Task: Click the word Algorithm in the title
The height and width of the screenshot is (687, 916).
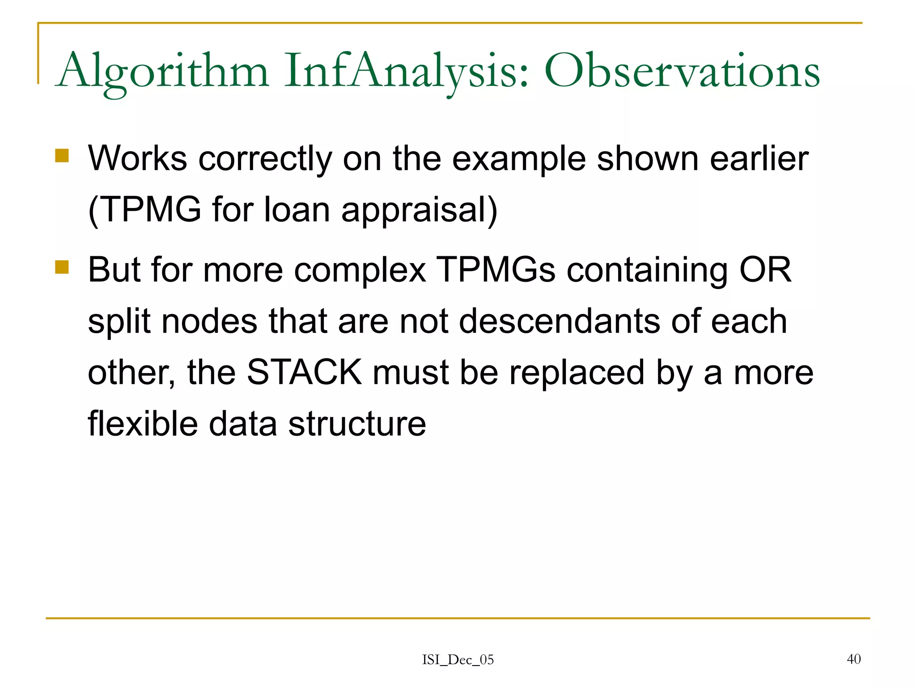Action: coord(163,72)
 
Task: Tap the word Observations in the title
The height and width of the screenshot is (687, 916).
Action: coord(682,72)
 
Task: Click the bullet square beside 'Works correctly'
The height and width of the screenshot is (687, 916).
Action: coord(62,156)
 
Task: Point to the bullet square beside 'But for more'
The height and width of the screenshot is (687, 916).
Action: coord(62,267)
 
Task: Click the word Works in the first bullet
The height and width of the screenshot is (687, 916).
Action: coord(137,158)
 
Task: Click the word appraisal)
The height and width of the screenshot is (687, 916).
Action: coord(419,210)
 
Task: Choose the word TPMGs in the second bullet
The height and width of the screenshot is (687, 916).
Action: coord(495,270)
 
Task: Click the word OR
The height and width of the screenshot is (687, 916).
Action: coord(765,270)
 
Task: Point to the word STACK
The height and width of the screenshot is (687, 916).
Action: coord(304,372)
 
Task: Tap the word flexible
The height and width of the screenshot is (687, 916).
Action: coord(143,424)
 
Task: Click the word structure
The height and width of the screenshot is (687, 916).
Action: coord(357,424)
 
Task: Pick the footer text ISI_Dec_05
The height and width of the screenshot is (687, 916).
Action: coord(458,660)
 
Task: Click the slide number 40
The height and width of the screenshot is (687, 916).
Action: coord(854,659)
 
